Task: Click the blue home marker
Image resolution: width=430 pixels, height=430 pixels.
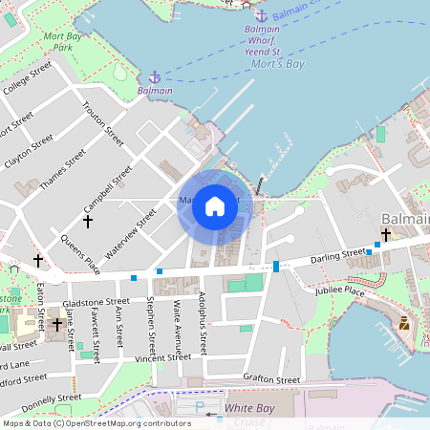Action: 215,205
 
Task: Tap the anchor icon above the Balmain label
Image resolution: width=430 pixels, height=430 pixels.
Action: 155,76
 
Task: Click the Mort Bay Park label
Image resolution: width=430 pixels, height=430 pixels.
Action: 63,41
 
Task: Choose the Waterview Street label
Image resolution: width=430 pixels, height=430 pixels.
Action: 131,233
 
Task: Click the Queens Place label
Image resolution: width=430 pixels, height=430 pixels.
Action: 80,249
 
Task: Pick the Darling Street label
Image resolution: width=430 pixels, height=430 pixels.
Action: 338,255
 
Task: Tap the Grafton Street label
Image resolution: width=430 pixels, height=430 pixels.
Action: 271,379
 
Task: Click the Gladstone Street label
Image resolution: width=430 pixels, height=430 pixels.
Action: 96,301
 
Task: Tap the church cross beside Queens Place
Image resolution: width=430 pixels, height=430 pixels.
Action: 88,222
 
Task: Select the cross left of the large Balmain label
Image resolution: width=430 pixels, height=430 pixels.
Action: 386,234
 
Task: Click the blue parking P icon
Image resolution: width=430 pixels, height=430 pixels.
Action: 200,407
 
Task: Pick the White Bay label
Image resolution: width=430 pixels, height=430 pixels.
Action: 249,408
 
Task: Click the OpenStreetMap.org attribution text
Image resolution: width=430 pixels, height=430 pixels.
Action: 134,423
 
